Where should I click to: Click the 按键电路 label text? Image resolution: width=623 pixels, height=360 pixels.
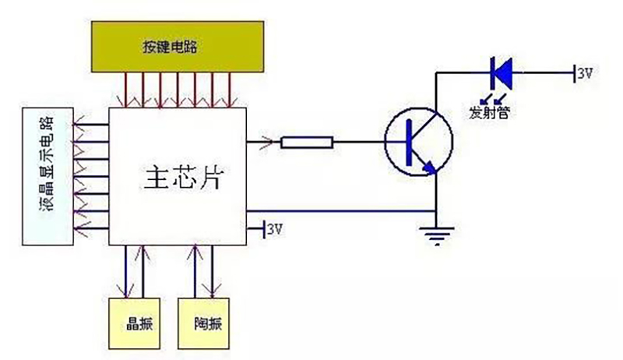pos(170,47)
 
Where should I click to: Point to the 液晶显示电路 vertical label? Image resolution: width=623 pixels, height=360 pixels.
pos(49,169)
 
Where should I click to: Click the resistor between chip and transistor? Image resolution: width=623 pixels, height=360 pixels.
pos(308,142)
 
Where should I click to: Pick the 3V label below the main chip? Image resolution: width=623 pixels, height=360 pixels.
pos(275,229)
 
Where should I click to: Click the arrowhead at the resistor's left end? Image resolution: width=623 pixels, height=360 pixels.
pos(269,142)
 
